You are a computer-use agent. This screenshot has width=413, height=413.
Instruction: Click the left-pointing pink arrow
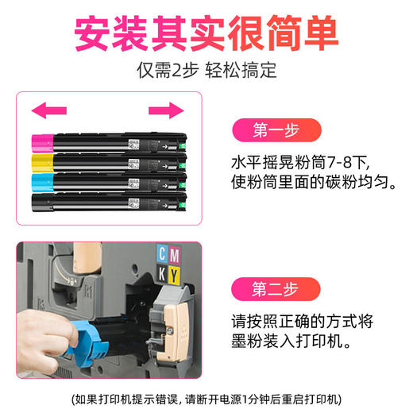click(x=48, y=110)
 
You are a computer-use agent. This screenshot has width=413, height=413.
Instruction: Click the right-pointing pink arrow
click(x=165, y=110)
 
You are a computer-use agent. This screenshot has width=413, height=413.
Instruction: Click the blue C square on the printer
click(x=163, y=254)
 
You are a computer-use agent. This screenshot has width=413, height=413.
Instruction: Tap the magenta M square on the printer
click(x=175, y=254)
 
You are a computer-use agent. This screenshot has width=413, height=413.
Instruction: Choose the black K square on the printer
click(x=163, y=274)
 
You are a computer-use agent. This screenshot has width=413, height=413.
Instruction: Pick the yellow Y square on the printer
click(x=175, y=274)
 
